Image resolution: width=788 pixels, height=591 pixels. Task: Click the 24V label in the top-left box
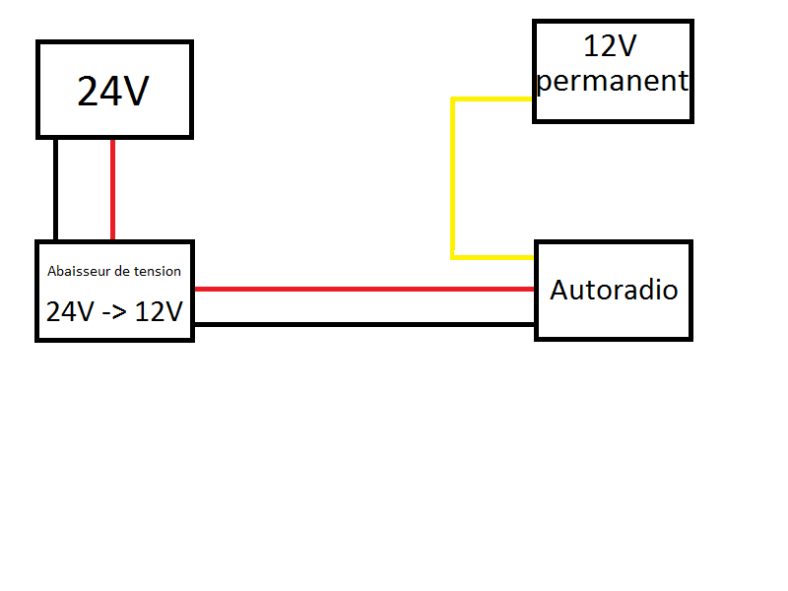pos(113,91)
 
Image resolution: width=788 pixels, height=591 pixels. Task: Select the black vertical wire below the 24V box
pos(55,189)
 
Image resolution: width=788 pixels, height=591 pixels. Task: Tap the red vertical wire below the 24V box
pos(112,189)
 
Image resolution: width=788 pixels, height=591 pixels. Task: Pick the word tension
pos(157,272)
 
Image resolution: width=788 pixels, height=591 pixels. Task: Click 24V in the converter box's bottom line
pos(70,311)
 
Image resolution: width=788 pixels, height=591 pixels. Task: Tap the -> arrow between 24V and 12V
pos(114,312)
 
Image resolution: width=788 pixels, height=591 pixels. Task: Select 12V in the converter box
pos(159,311)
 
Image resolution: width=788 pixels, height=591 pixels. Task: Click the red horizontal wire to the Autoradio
pos(364,289)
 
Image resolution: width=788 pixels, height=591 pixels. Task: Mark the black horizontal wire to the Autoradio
pos(364,325)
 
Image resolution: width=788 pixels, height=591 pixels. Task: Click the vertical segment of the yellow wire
pos(453,178)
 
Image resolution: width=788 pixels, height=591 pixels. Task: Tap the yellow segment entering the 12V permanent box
pos(492,99)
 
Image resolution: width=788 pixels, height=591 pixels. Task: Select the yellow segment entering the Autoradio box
pos(492,257)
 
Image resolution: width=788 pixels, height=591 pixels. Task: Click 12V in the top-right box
pos(610,45)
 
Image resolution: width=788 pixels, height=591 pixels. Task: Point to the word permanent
pos(612,81)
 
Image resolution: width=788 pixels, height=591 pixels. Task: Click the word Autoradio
pos(614,290)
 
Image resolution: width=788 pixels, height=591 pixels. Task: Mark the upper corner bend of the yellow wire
pos(453,99)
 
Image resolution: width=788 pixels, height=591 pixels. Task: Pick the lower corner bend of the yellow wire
pos(453,257)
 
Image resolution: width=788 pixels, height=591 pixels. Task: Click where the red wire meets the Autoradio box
pos(534,289)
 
